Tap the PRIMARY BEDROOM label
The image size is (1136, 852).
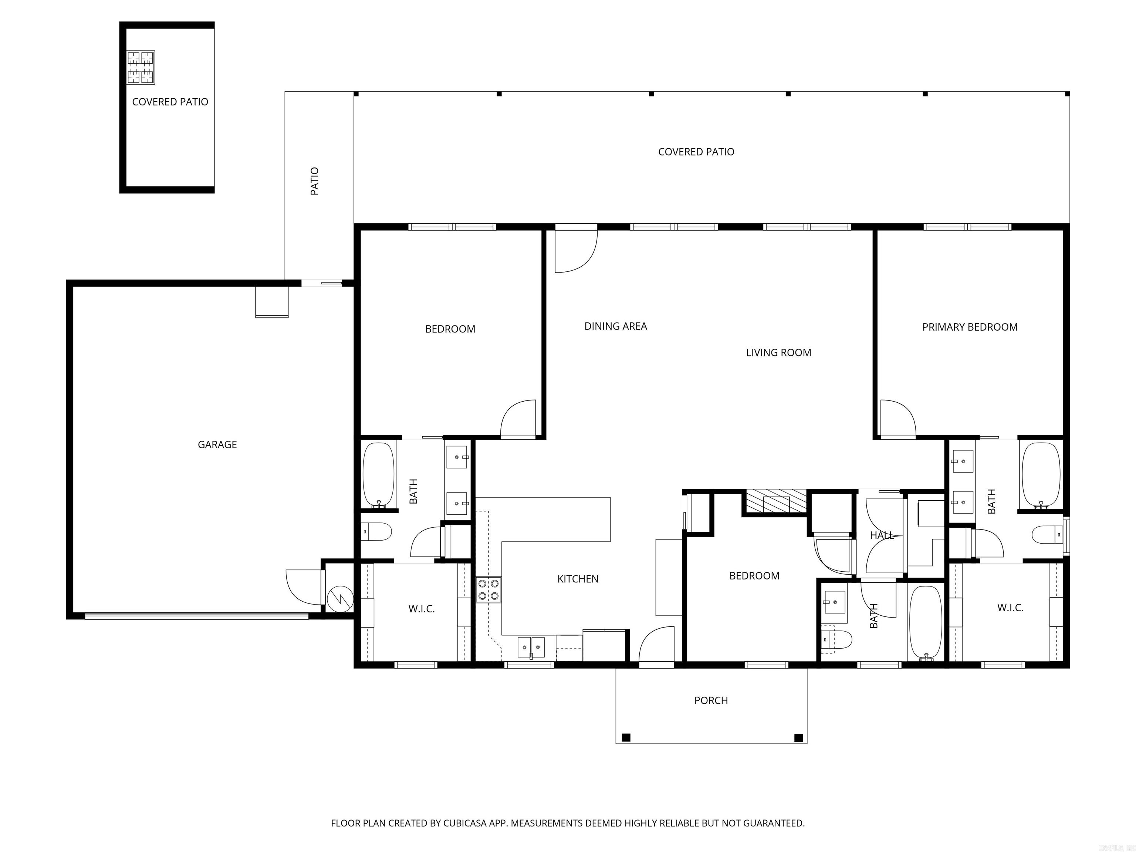point(970,327)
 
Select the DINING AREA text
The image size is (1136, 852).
point(615,326)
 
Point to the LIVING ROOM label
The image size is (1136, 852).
point(778,353)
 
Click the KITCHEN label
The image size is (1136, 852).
point(578,579)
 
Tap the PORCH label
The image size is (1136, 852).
point(711,700)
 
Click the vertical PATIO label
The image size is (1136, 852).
point(315,181)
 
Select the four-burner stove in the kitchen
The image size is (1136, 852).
point(488,589)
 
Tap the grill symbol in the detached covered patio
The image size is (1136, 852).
point(141,67)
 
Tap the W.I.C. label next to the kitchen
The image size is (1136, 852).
point(421,609)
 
